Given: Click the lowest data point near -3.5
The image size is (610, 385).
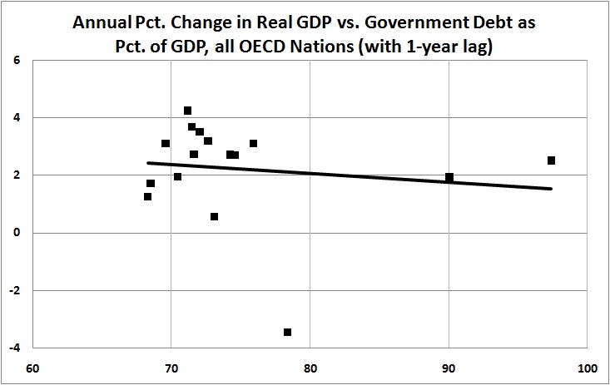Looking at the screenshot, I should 287,332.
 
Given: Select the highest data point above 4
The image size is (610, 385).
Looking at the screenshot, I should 188,111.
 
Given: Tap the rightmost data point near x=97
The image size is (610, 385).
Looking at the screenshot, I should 551,160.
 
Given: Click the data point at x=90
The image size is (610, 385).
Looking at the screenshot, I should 449,177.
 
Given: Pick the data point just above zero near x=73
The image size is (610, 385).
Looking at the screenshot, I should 214,217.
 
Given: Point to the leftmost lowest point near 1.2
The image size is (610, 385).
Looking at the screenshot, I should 147,197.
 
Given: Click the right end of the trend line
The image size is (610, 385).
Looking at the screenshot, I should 551,188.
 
